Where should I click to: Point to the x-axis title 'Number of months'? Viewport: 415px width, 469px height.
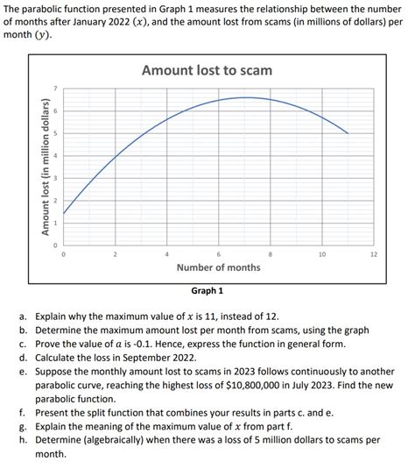[218, 267]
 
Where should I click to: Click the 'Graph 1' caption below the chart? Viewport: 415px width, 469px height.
[207, 290]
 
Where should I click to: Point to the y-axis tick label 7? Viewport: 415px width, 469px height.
[53, 89]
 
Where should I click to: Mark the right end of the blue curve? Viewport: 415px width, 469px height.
[348, 133]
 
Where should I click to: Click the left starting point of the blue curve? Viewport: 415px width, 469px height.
[64, 213]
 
